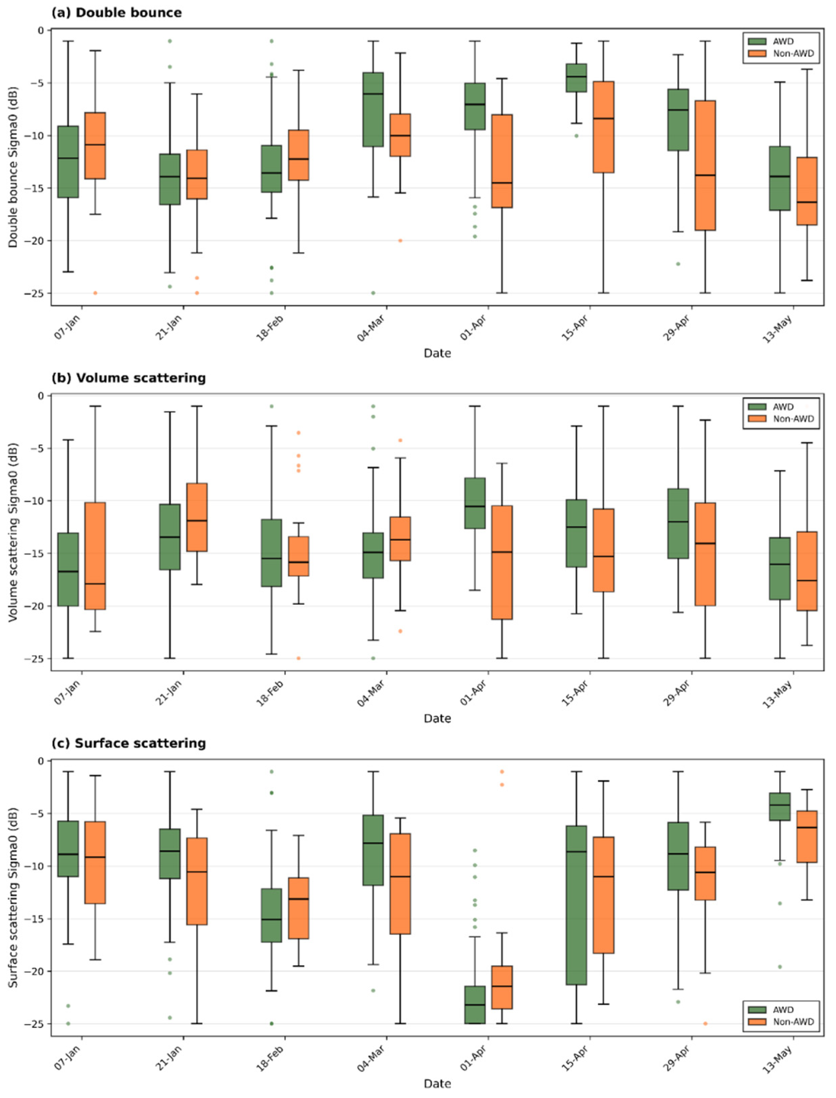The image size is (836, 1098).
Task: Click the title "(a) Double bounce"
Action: pos(117,12)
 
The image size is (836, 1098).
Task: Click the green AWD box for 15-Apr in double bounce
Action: pos(577,77)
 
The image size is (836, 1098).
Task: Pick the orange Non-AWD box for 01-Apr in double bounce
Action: pos(502,161)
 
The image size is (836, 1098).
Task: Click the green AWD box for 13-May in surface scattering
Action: pos(780,807)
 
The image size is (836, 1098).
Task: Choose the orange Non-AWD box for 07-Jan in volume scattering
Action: pos(95,556)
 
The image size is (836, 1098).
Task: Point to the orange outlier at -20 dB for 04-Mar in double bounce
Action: pos(400,241)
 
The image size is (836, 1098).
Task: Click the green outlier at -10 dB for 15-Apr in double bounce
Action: pos(577,135)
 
